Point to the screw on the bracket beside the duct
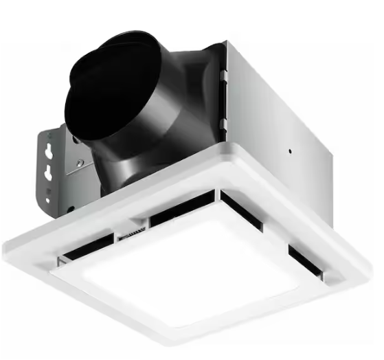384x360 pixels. point(80,163)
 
